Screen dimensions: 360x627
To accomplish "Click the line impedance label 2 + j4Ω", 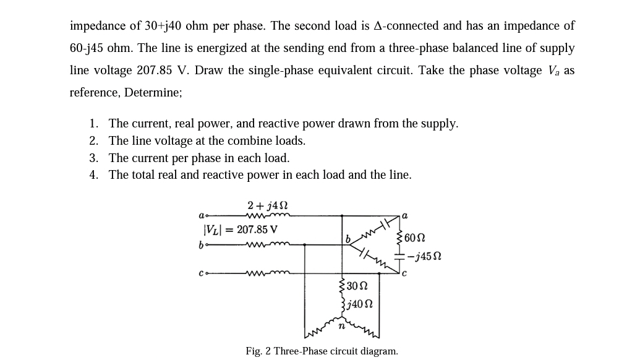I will (268, 205).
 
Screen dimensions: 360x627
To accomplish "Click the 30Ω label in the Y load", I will (358, 286).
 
